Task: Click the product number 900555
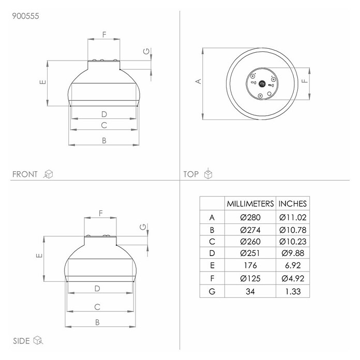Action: click(25, 16)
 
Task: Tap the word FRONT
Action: click(25, 174)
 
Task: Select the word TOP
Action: click(191, 174)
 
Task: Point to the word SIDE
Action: click(21, 341)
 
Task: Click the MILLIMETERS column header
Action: click(250, 204)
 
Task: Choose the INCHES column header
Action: click(293, 204)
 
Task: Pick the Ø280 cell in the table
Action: click(250, 217)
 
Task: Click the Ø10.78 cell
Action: click(293, 230)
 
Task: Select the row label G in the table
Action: click(212, 291)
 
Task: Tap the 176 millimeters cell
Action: click(250, 265)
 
